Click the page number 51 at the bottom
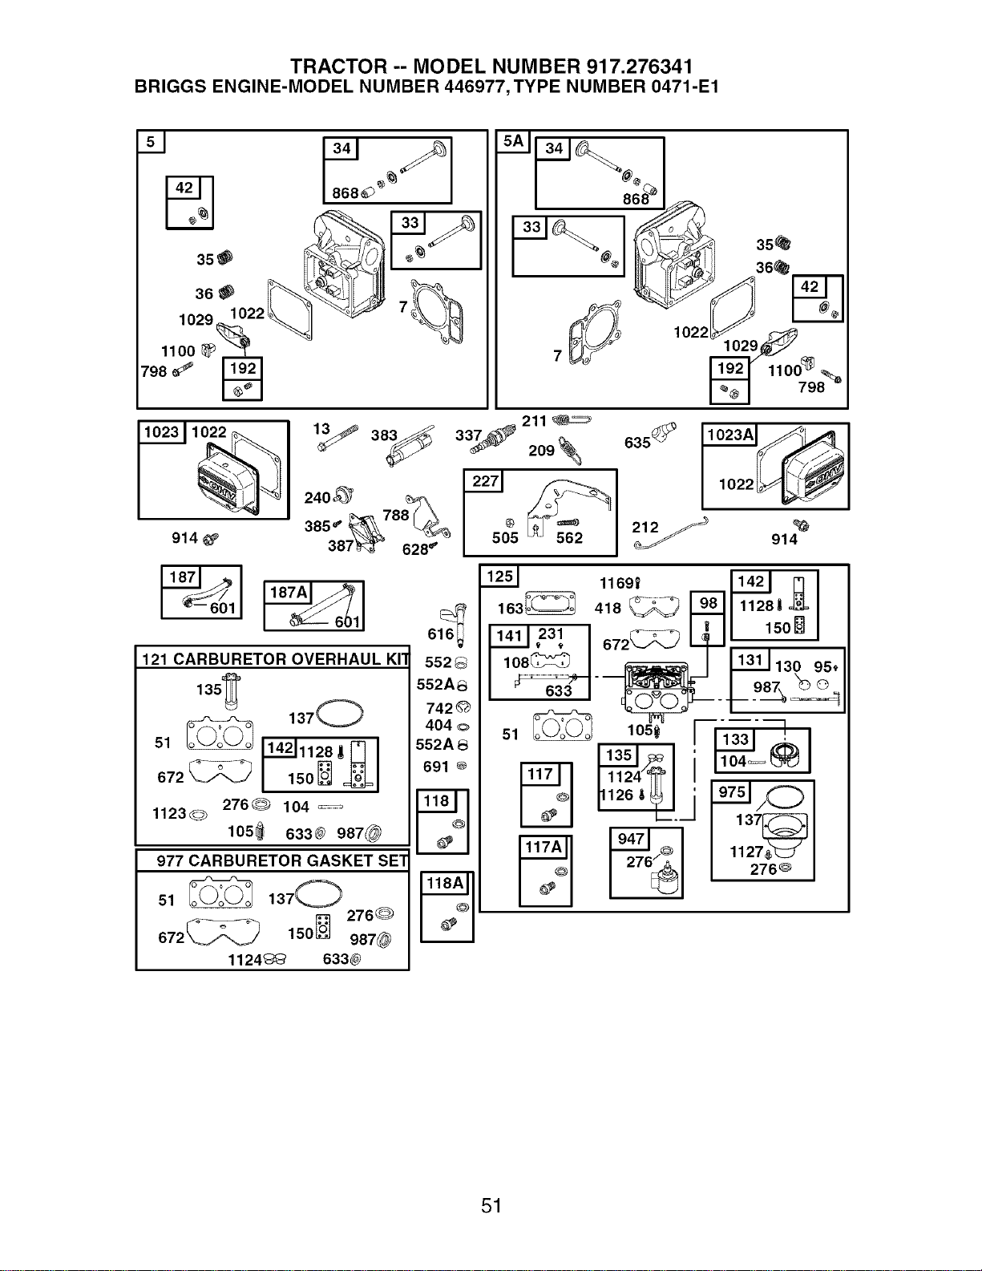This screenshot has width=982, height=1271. coord(491,1205)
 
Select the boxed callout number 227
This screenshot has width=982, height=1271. coord(485,481)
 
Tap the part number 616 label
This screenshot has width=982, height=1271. coord(441,634)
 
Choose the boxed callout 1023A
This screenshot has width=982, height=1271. coord(730,435)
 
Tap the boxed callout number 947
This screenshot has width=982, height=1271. coord(631,839)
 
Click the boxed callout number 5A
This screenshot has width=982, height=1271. coord(512,141)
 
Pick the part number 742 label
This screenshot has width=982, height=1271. coord(439,708)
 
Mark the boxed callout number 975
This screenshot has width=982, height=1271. coord(732,792)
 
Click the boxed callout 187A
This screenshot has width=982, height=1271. coord(288,593)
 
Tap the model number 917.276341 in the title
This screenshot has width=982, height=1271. coord(636,66)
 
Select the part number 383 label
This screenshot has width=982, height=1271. coord(384,435)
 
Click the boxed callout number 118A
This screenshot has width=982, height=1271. coord(445,883)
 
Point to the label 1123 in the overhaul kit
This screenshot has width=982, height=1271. coord(169,813)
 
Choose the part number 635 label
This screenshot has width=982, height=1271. coord(637,443)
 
